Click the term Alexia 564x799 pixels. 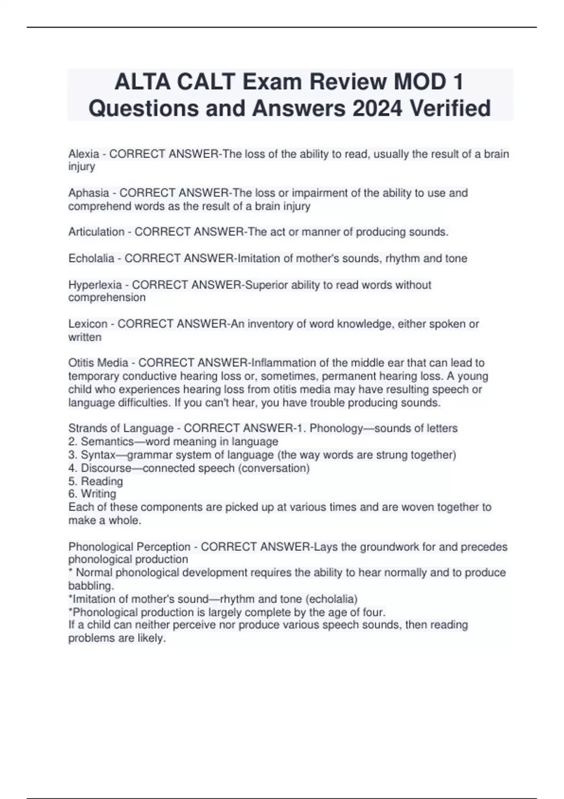[84, 154]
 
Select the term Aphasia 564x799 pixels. [88, 193]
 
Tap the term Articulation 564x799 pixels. [96, 232]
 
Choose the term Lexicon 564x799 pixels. [88, 324]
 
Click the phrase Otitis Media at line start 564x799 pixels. [98, 363]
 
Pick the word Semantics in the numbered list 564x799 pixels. [107, 442]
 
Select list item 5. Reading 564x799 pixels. [96, 481]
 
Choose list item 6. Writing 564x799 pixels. [93, 494]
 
